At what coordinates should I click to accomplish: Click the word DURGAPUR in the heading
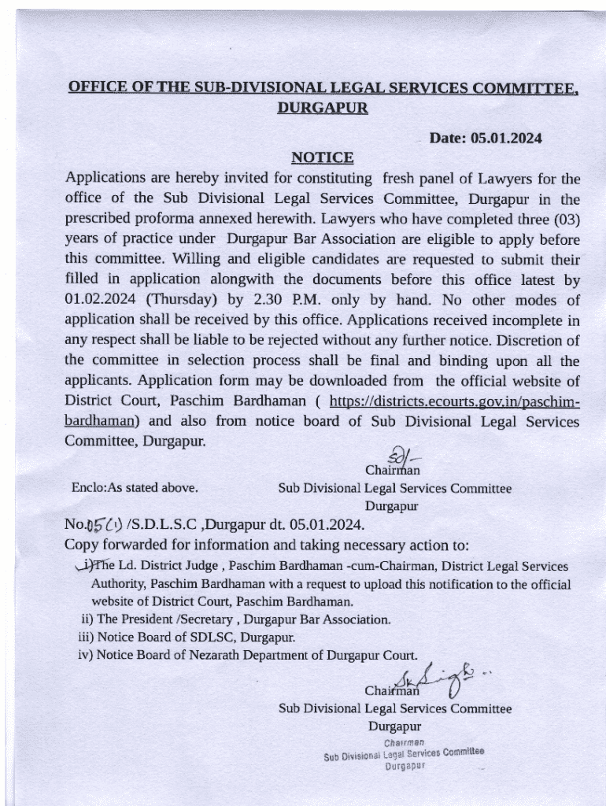323,108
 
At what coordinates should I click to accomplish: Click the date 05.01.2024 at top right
506,138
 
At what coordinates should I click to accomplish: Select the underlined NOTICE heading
322,157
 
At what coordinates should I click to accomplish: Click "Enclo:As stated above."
135,488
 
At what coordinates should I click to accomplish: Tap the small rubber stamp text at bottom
404,753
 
